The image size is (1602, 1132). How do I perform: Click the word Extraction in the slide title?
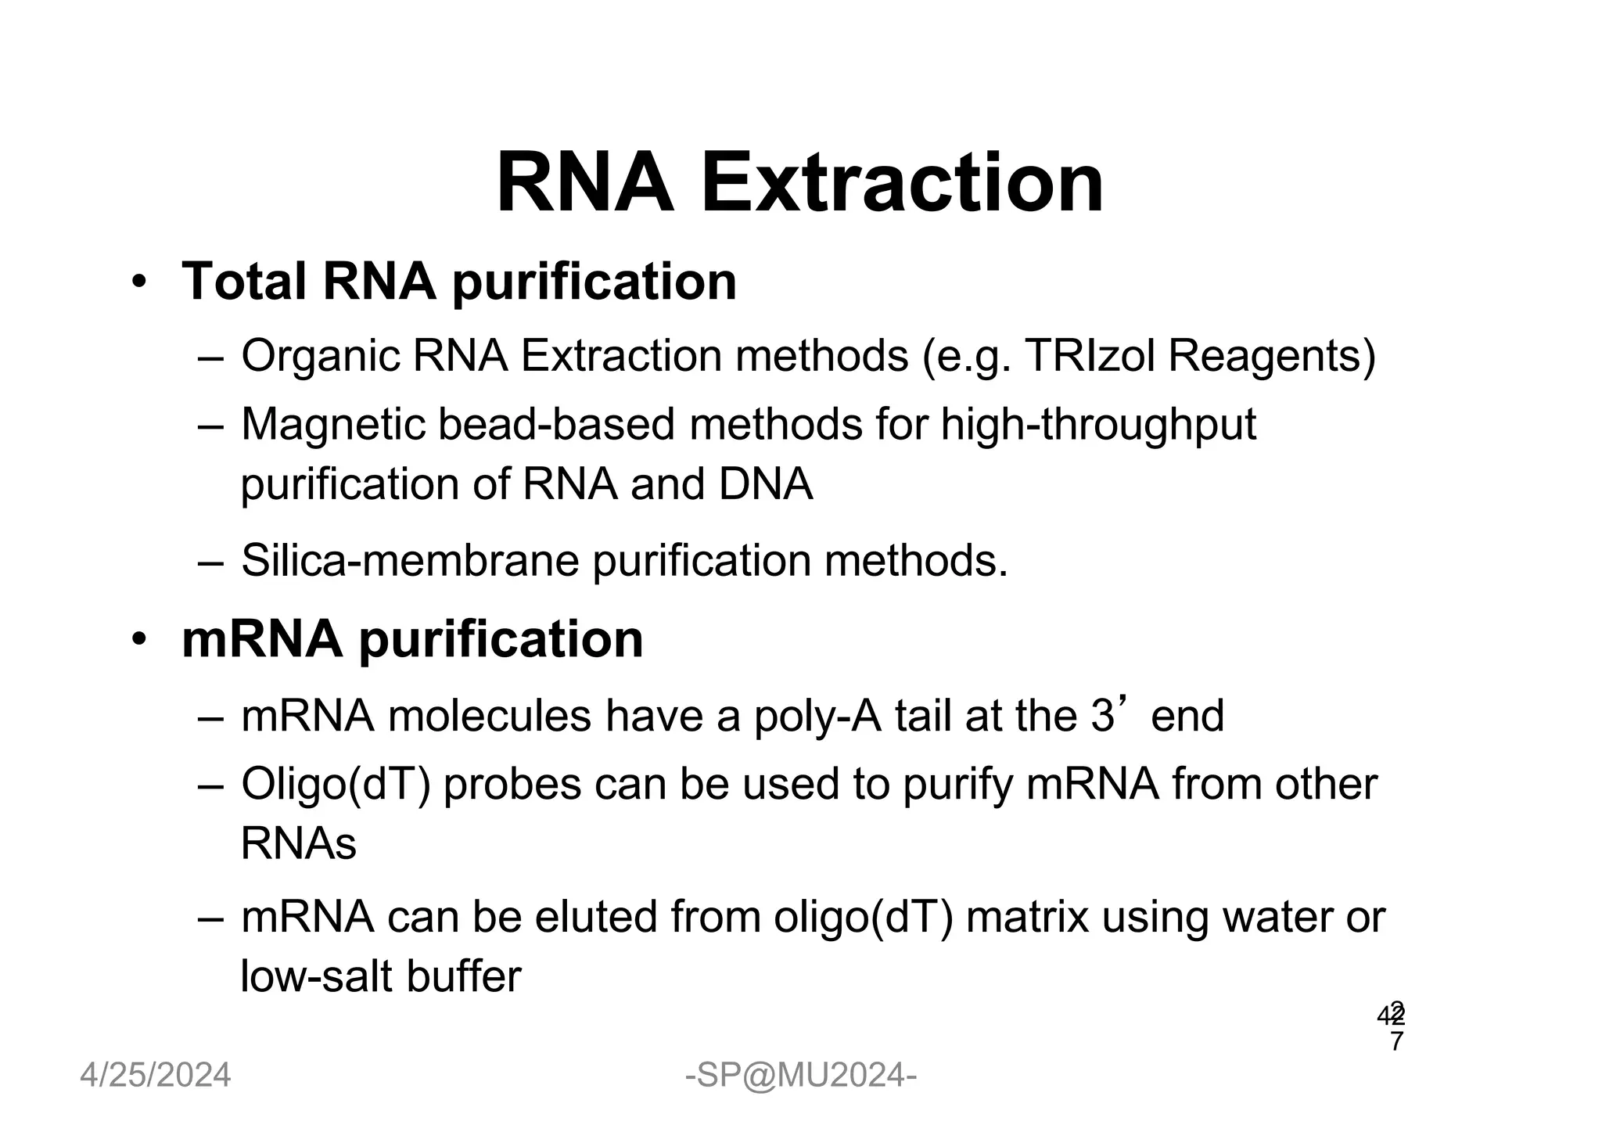coord(901,183)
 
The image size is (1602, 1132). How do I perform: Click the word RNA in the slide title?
coord(585,183)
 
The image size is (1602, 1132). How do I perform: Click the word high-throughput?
coord(1098,426)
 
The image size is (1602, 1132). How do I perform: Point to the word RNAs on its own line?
coord(298,843)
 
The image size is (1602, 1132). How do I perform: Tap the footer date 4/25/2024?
coord(156,1075)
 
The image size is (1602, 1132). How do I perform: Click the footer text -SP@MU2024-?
coord(800,1075)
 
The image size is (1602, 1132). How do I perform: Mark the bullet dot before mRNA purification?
coord(139,640)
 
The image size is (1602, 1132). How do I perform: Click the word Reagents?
coord(1271,357)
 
